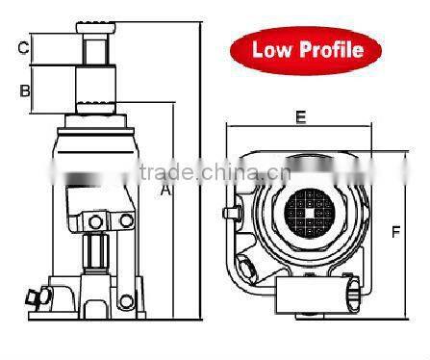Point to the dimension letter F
(x=395, y=230)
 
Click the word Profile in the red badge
(x=331, y=49)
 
